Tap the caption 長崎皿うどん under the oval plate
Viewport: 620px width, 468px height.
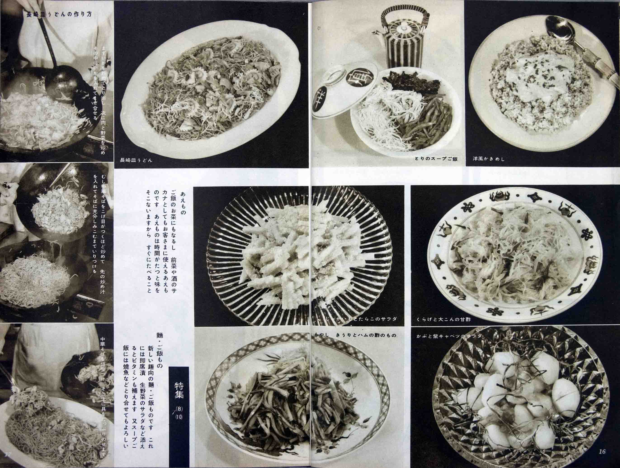[136, 160]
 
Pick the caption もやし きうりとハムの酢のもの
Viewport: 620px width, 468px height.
[355, 335]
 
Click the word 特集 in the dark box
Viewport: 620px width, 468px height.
[179, 390]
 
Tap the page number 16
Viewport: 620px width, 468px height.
[602, 460]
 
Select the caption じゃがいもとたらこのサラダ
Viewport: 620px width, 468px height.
[362, 319]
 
